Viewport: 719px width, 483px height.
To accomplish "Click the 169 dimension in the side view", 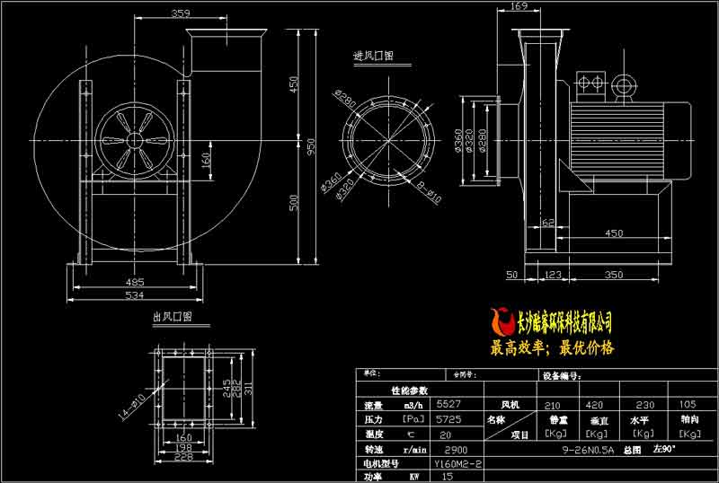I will pos(518,7).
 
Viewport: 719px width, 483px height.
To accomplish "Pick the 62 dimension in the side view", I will pos(547,218).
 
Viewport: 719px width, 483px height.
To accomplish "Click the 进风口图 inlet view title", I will pos(373,56).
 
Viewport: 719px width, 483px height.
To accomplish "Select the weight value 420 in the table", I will pos(595,404).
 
